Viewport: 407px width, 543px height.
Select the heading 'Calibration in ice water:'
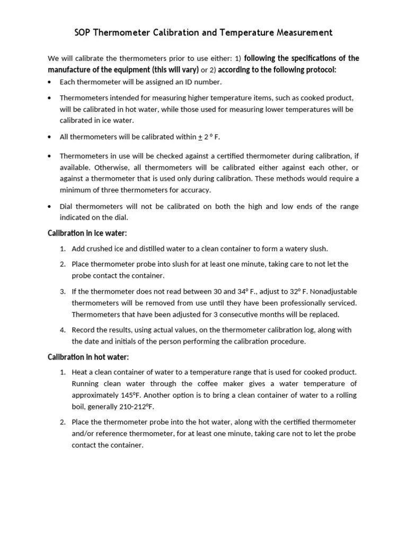point(87,233)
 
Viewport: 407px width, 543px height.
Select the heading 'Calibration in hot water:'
point(89,357)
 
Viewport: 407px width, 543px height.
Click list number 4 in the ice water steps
point(63,330)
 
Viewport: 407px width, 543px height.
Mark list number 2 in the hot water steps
point(63,422)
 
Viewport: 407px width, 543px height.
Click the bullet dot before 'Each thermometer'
point(50,82)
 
